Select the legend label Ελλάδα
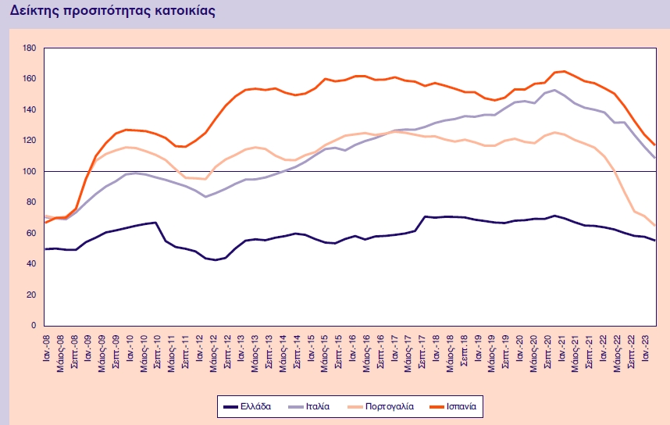(257, 406)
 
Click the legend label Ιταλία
(317, 406)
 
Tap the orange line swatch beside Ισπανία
(434, 406)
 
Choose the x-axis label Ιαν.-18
(435, 343)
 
